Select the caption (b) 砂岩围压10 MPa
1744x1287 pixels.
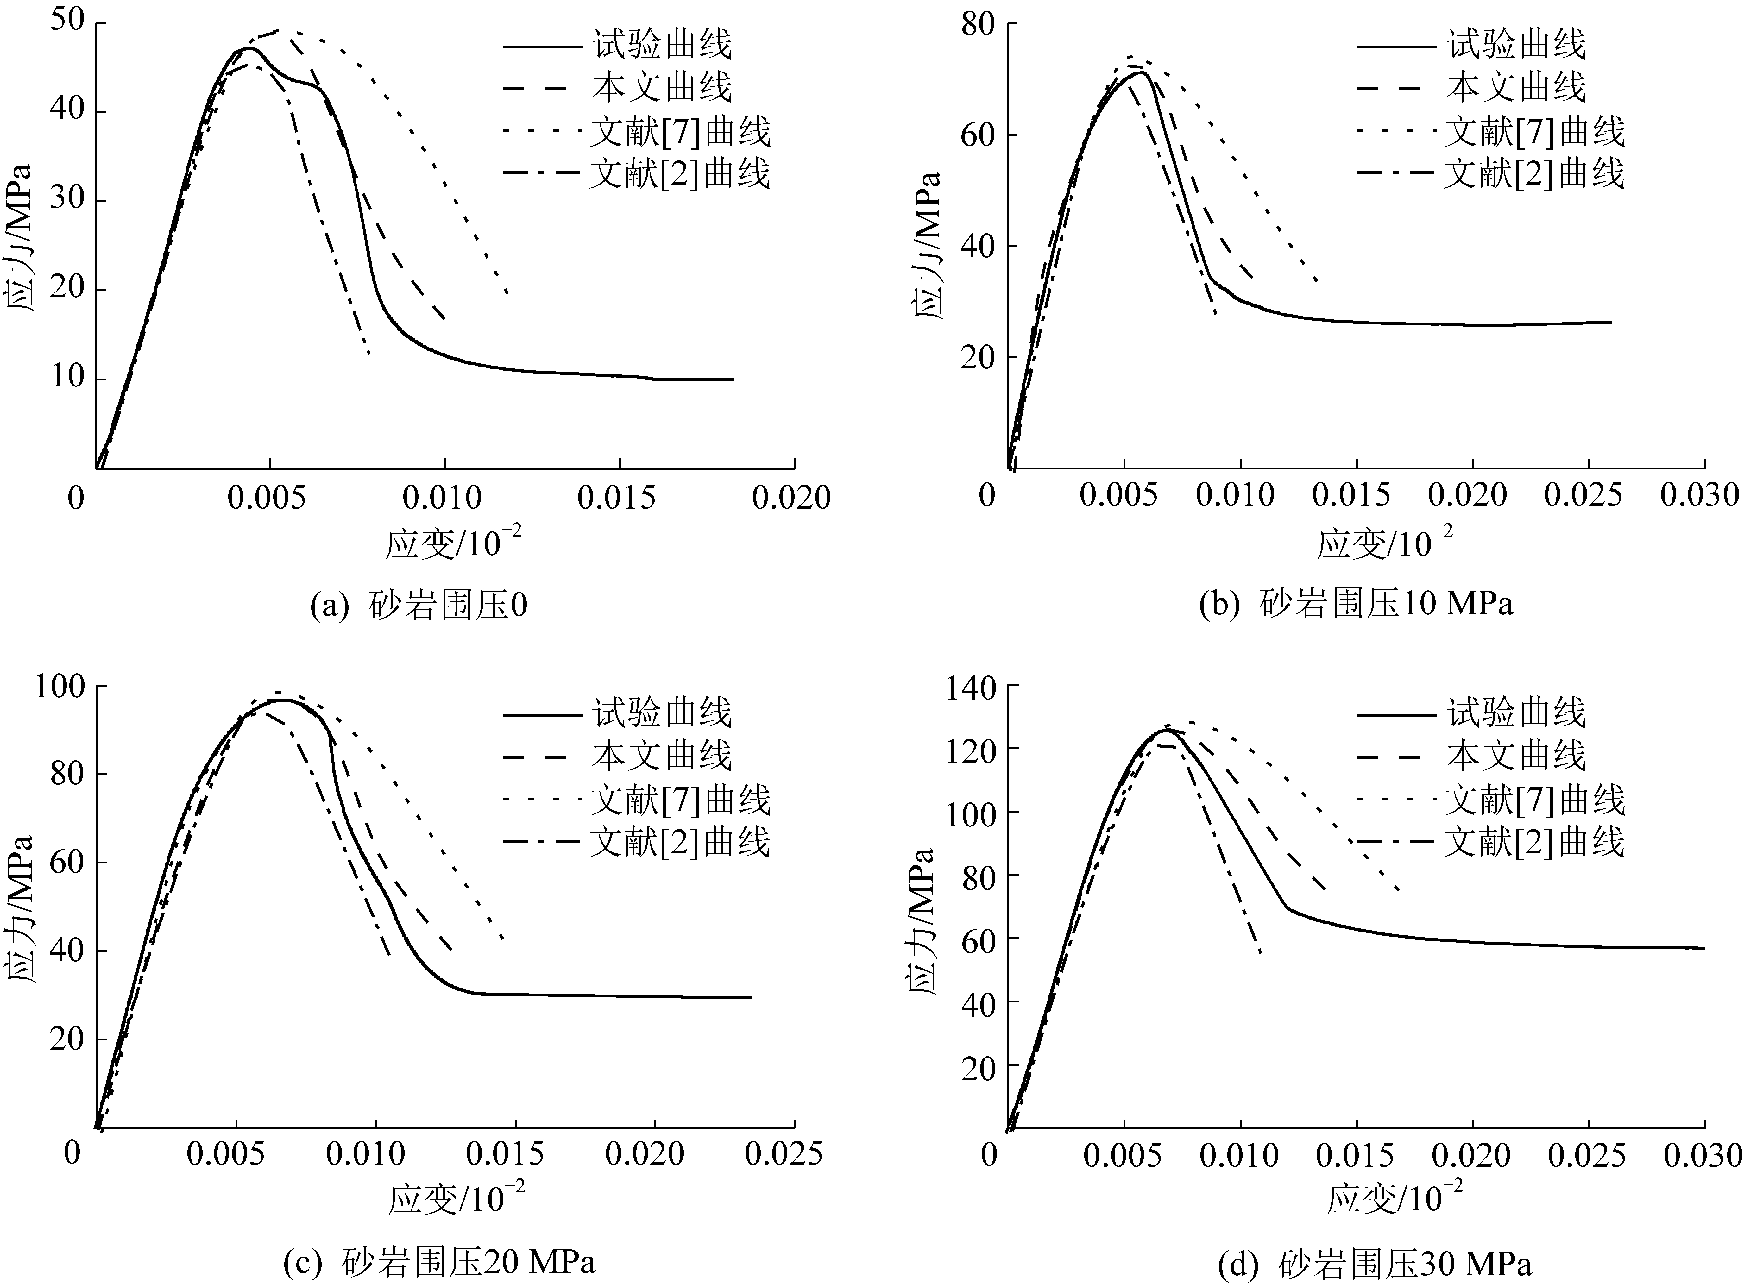[1356, 605]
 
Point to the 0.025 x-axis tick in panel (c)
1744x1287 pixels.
[783, 1153]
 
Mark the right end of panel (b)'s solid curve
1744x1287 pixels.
[1611, 322]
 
